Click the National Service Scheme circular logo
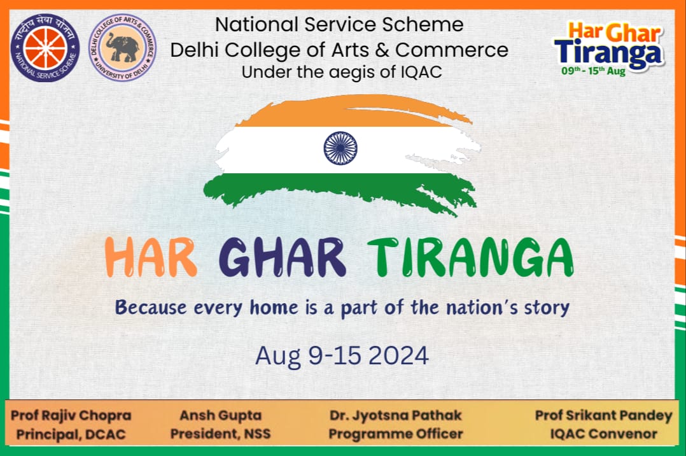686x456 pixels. (x=45, y=48)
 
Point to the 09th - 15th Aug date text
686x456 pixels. (x=593, y=71)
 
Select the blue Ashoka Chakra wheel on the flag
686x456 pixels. (x=340, y=148)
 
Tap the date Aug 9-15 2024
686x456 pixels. (x=342, y=355)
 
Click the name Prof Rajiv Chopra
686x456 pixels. (x=71, y=416)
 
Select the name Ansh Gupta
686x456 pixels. (x=221, y=416)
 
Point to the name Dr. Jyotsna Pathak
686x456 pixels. (x=395, y=416)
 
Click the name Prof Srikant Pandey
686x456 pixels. (x=603, y=416)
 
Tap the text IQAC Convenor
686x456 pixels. (x=603, y=434)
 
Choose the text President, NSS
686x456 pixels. (x=220, y=434)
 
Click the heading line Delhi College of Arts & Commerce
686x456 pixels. (x=339, y=49)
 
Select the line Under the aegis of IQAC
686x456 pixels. (x=342, y=72)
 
